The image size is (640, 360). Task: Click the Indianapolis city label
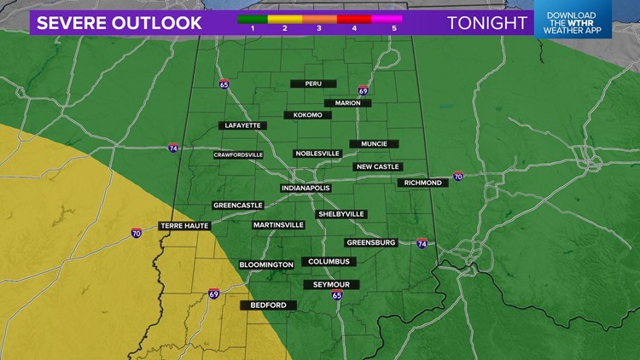click(x=304, y=188)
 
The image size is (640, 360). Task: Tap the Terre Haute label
click(x=183, y=226)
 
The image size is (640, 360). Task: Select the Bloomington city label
click(x=266, y=264)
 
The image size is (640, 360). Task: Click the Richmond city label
click(x=423, y=183)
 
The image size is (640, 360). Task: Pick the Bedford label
click(x=269, y=305)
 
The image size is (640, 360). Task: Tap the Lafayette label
click(x=242, y=125)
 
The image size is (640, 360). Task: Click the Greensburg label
click(x=371, y=242)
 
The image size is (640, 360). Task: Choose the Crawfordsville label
click(x=238, y=154)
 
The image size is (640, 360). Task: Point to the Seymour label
click(x=330, y=284)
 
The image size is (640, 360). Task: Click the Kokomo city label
click(x=306, y=114)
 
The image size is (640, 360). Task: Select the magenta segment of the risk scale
click(x=384, y=16)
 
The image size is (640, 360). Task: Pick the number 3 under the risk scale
click(x=318, y=28)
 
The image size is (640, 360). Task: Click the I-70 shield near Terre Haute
click(x=137, y=233)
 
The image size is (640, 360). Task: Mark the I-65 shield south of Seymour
click(x=337, y=295)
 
